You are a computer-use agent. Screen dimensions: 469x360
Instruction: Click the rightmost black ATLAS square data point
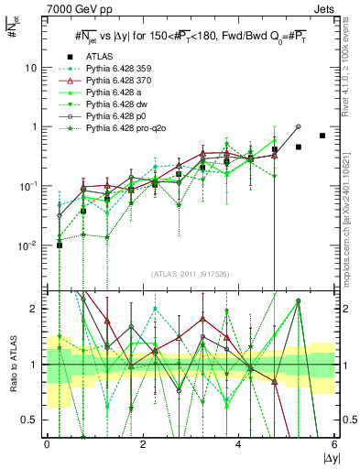click(x=322, y=136)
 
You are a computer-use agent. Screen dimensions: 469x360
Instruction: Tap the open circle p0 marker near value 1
click(x=299, y=126)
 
